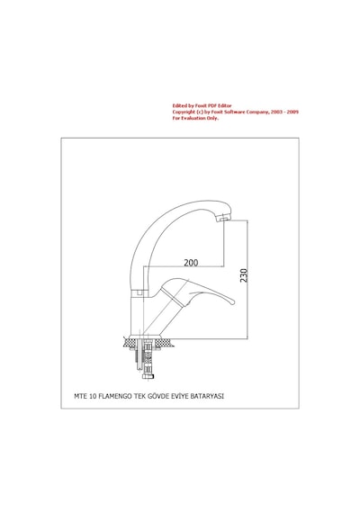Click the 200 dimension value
(191, 263)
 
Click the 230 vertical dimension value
(244, 275)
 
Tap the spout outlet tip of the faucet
(224, 219)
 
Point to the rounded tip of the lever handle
(233, 301)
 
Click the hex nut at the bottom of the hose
(148, 376)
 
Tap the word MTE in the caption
(80, 396)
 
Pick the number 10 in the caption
(93, 396)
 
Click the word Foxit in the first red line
(201, 105)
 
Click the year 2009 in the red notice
(292, 112)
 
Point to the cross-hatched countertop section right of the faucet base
(163, 343)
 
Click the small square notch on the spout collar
(141, 292)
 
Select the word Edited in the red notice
(180, 105)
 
